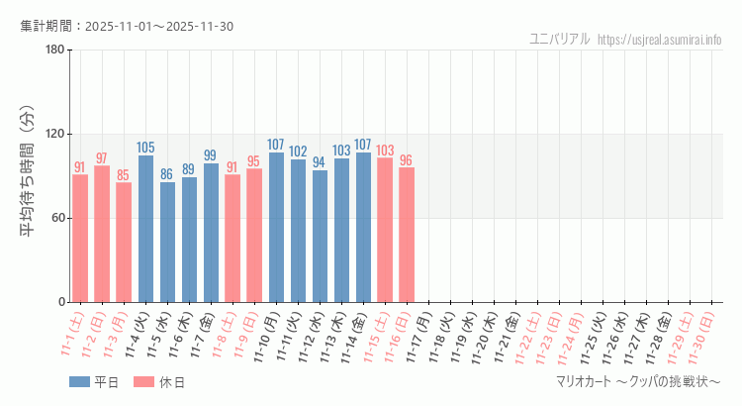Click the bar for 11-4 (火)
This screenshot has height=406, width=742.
coord(145,229)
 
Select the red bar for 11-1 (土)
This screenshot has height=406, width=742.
coord(80,238)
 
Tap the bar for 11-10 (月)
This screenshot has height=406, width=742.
coord(276,227)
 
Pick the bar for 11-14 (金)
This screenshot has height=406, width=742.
coord(363,227)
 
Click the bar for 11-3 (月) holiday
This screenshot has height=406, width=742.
coord(124,242)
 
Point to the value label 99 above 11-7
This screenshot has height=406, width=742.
coord(211,155)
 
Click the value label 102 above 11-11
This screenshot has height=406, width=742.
coord(298,152)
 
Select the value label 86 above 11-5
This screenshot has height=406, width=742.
coord(167,174)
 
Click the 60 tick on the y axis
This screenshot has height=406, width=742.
coord(57,218)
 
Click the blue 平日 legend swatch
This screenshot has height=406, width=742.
coord(79,382)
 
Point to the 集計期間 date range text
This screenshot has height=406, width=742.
coord(127,26)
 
